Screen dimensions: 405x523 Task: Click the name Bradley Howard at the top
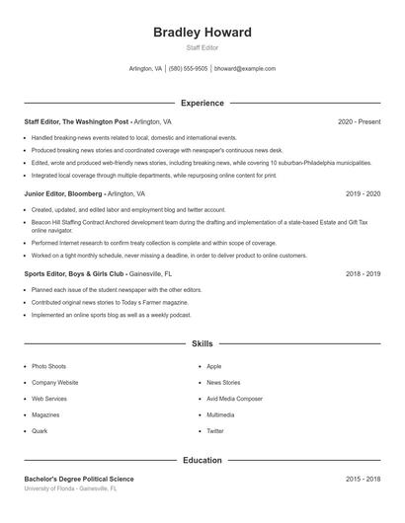coord(202,33)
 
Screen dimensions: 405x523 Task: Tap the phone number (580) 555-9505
coord(188,69)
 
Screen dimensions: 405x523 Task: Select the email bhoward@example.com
coord(244,69)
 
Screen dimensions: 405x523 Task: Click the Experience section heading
coord(202,103)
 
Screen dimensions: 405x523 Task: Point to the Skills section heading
coord(202,344)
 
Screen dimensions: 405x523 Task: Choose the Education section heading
coord(202,460)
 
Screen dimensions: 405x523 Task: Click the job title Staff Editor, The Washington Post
coord(76,121)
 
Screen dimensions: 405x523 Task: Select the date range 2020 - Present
coord(359,121)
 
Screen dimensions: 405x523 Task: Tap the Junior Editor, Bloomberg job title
coord(63,194)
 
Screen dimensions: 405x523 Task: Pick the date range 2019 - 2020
coord(363,194)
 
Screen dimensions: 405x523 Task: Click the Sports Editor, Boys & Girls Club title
coord(75,274)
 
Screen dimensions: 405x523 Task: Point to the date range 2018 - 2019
coord(363,274)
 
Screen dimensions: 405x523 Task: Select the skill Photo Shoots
coord(48,366)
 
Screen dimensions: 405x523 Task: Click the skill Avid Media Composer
coord(234,399)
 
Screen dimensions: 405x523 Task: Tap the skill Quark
coord(40,431)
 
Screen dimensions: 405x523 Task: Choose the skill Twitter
coord(215,431)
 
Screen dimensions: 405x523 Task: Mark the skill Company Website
coord(54,382)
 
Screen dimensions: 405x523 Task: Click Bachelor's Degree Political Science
coord(78,479)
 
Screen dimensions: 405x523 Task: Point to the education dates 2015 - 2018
coord(363,479)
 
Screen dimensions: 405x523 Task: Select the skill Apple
coord(213,366)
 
